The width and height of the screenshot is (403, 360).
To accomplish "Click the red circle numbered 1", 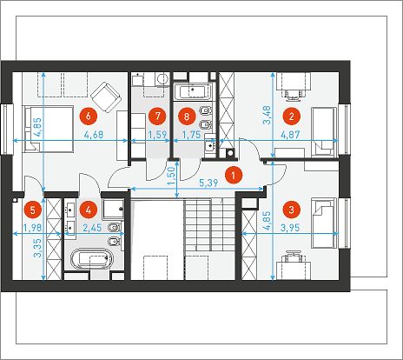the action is point(234,175).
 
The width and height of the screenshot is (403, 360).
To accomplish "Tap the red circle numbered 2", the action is point(292,117).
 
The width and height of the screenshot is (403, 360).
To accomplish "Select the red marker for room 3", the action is point(292,210).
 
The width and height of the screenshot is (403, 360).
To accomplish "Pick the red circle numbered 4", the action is point(89,210).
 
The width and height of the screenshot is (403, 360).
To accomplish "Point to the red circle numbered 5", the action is point(33,210).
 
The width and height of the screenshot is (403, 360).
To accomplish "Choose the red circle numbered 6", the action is point(89,117).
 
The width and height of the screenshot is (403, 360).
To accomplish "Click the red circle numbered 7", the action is point(157,117).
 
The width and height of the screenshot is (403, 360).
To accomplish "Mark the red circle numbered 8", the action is point(186,117).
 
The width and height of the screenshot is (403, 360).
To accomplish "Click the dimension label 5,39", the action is point(208,183).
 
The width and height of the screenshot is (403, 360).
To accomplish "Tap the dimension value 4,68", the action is point(94,135).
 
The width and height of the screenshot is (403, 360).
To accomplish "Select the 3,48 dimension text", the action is point(267,115).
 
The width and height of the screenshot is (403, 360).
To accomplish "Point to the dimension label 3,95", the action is point(290,228).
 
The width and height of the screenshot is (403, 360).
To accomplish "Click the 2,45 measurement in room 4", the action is point(92,228).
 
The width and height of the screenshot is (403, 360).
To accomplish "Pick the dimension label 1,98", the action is point(33,228).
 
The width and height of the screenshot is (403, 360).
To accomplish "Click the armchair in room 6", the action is point(106,97).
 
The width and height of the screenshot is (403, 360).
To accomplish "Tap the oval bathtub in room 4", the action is point(92,258).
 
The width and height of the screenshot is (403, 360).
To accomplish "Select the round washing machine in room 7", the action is point(162,79).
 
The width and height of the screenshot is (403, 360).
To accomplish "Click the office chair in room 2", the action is point(294,94).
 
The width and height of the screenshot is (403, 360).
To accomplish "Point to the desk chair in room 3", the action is point(293,257).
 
